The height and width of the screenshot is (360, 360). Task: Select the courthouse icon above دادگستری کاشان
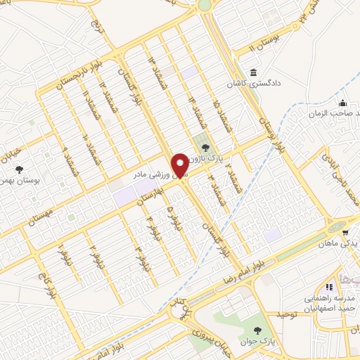(252, 72)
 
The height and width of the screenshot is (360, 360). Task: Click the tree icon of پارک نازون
(205, 148)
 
